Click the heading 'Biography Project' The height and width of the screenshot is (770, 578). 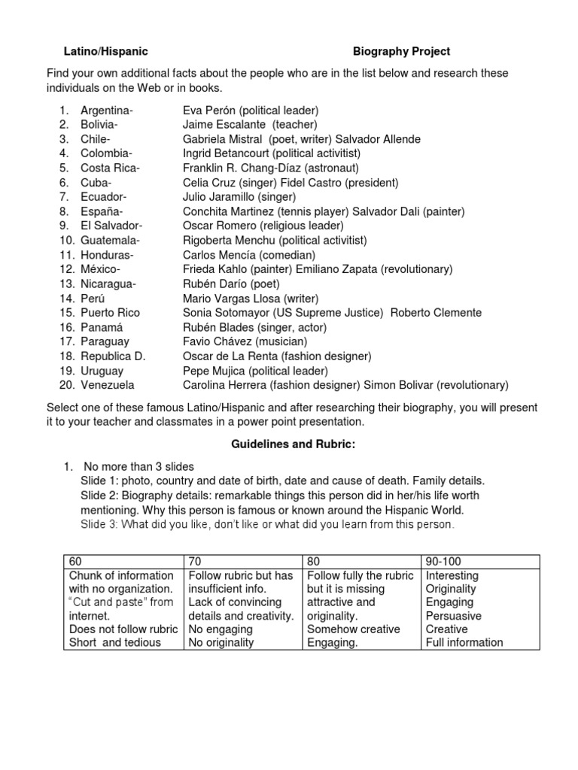click(x=402, y=51)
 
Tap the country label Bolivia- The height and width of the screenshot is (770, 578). click(x=99, y=124)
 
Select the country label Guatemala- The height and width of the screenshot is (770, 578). click(x=110, y=241)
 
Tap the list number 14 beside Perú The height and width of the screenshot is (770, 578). click(x=68, y=299)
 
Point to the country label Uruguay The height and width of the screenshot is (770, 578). click(x=102, y=371)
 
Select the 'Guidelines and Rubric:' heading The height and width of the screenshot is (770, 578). click(x=292, y=445)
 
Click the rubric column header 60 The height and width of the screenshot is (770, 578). click(x=75, y=562)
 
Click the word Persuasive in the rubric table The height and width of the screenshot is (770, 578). click(x=453, y=616)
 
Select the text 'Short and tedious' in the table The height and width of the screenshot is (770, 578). click(x=115, y=642)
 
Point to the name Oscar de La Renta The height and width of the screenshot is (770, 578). click(x=231, y=356)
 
